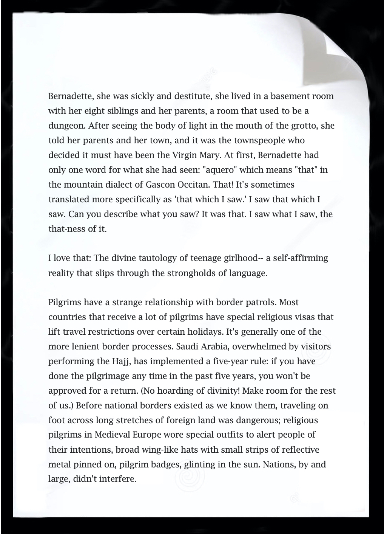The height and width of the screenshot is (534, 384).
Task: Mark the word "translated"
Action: [68, 199]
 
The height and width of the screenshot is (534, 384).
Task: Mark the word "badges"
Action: [164, 464]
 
